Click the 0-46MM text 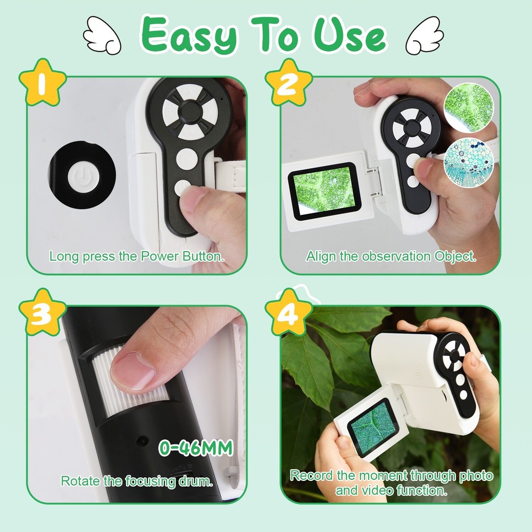(196, 448)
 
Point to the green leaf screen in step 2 (325, 190)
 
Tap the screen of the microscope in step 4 (372, 427)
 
